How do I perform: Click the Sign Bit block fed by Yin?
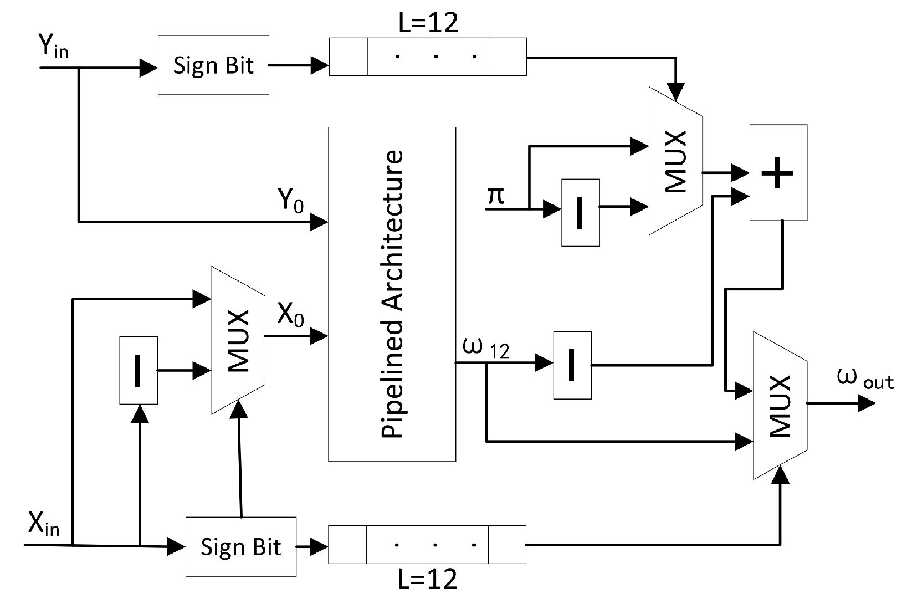[213, 65]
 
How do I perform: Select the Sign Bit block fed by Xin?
[240, 547]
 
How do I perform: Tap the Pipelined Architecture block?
[392, 294]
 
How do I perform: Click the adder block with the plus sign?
[778, 172]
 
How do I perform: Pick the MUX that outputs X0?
[238, 340]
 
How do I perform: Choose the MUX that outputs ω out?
[780, 406]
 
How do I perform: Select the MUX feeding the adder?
[675, 161]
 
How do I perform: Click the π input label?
[496, 196]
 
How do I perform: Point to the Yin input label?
[53, 47]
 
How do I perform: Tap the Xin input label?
[44, 524]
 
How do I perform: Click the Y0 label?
[291, 200]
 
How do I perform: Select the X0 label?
[291, 315]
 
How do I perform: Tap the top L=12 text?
[428, 23]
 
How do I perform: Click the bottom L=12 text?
[428, 579]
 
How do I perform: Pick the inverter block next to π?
[580, 212]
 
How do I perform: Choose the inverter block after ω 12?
[572, 365]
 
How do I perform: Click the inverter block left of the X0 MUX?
[139, 370]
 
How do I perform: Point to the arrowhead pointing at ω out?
[867, 404]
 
